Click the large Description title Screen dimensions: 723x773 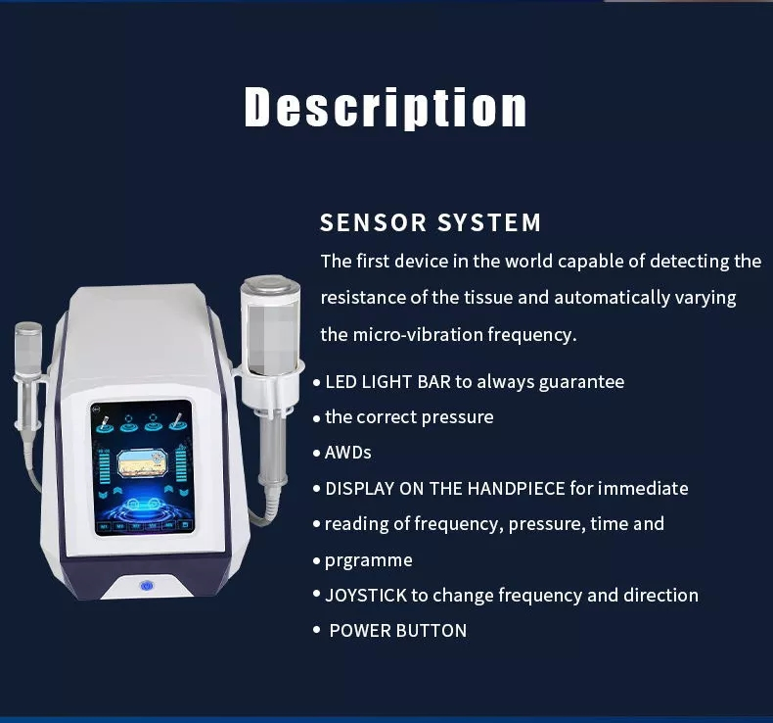point(386,108)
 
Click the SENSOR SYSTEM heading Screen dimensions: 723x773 point(431,223)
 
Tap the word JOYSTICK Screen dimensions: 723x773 point(366,595)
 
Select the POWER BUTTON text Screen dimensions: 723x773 point(397,631)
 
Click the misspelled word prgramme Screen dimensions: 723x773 point(368,560)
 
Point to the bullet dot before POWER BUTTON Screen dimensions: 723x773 point(316,630)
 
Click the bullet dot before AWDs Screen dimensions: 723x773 point(316,454)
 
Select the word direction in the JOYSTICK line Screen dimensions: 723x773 point(659,595)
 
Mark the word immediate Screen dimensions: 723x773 point(643,488)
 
